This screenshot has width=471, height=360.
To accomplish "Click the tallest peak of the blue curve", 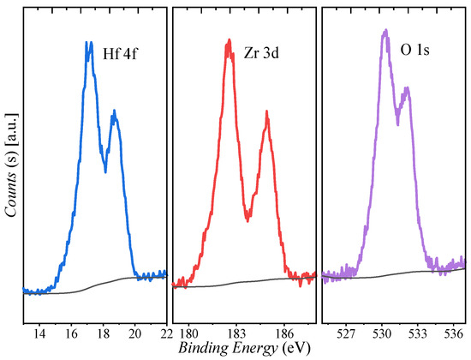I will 88,43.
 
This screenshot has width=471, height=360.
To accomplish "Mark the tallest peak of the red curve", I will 229,40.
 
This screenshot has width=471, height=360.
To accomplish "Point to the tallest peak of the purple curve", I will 386,31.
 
